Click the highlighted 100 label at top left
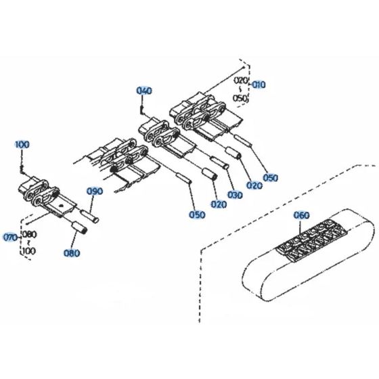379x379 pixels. point(22,145)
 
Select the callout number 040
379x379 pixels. point(144,91)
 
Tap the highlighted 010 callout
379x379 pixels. point(259,85)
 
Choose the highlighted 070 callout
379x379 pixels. point(10,238)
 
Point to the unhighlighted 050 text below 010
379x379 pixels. point(241,97)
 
